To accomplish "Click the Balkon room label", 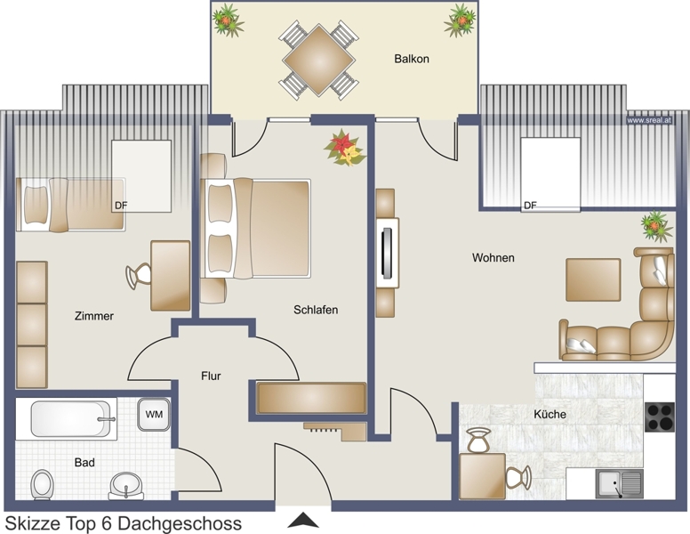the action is pos(412,59).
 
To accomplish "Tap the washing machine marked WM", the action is pos(154,414).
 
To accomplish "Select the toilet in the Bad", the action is pos(43,485).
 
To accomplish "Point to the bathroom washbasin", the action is pos(126,486).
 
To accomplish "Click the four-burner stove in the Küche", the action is pos(660,417).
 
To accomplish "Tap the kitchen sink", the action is pos(620,484).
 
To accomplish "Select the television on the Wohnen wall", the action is pos(388,253).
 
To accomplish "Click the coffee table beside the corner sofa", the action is pos(593,279).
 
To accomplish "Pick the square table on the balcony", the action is pos(318,60).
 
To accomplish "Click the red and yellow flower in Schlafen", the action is pos(344,148).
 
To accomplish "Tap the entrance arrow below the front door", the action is pos(302,521).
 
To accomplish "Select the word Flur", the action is pos(211,376).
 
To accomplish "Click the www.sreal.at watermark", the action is pos(649,120).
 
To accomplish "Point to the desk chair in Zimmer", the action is pos(138,276).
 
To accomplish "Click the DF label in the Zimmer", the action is pos(121,206).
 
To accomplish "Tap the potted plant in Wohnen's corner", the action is pos(656,226).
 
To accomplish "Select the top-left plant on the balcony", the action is pos(228,20).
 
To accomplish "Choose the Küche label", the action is pos(550,414).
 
